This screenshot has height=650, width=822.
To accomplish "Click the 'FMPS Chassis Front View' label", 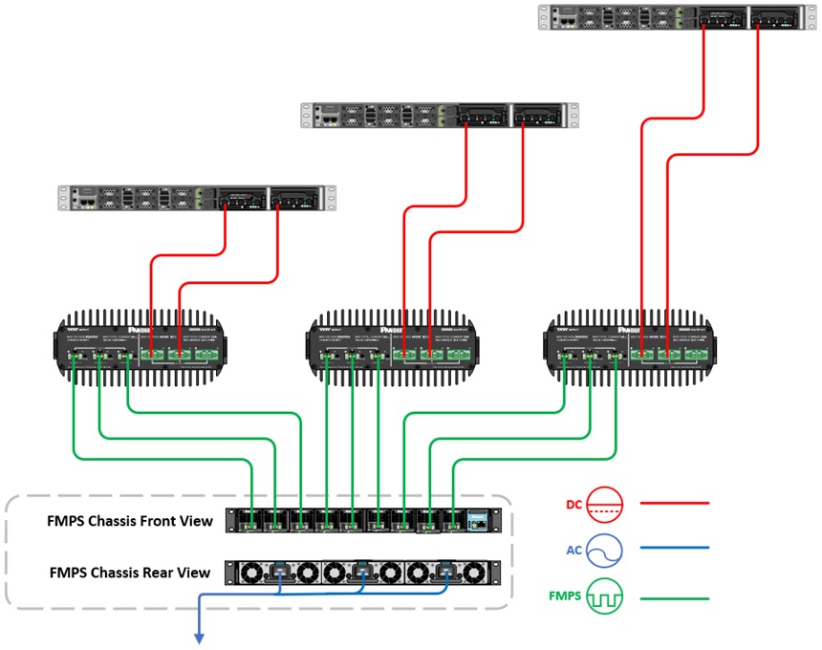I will coord(129,522).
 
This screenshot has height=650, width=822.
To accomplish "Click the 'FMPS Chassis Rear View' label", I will coord(129,573).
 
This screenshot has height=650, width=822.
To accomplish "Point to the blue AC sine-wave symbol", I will coord(606,549).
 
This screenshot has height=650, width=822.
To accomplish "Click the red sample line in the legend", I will coord(674,502).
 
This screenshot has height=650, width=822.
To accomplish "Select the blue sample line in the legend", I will coord(674,549).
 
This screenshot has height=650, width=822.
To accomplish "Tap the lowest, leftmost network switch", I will coord(197,198).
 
